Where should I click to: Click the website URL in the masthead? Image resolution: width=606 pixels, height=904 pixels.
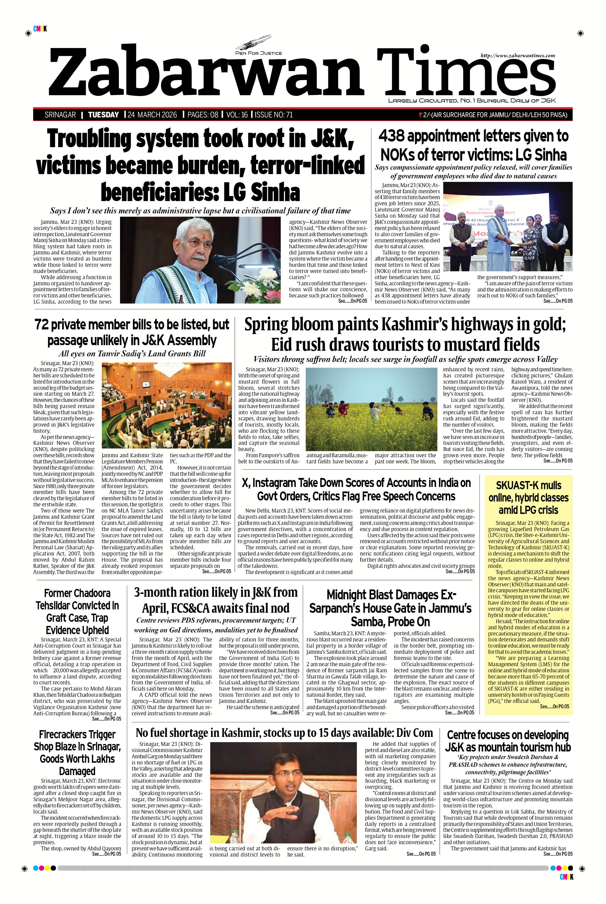(517, 56)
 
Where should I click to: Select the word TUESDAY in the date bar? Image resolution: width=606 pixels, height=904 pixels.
(103, 115)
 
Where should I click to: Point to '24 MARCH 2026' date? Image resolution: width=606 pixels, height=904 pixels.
(152, 115)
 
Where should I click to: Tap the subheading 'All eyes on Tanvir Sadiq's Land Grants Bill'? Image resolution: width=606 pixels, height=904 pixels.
(132, 353)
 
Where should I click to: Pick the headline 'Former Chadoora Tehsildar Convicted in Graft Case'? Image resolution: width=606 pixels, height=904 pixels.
(77, 611)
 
